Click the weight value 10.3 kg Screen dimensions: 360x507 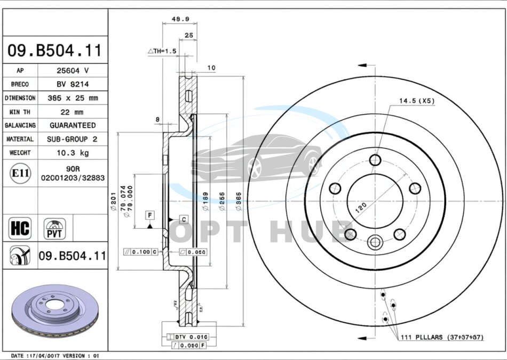click(73, 153)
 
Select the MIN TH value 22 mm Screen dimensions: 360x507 click(73, 112)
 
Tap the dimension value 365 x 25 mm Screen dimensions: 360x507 click(73, 98)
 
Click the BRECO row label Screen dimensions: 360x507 click(20, 84)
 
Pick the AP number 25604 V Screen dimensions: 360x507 click(73, 70)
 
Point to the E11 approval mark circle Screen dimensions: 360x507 click(20, 173)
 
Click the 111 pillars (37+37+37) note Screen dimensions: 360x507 click(443, 337)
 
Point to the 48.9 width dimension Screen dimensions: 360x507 click(180, 19)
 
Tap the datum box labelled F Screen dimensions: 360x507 click(150, 215)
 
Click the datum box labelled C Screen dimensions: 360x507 click(183, 219)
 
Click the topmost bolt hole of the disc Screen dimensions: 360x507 click(375, 160)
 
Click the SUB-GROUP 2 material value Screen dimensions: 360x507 click(73, 139)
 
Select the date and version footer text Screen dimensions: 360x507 click(55, 355)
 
